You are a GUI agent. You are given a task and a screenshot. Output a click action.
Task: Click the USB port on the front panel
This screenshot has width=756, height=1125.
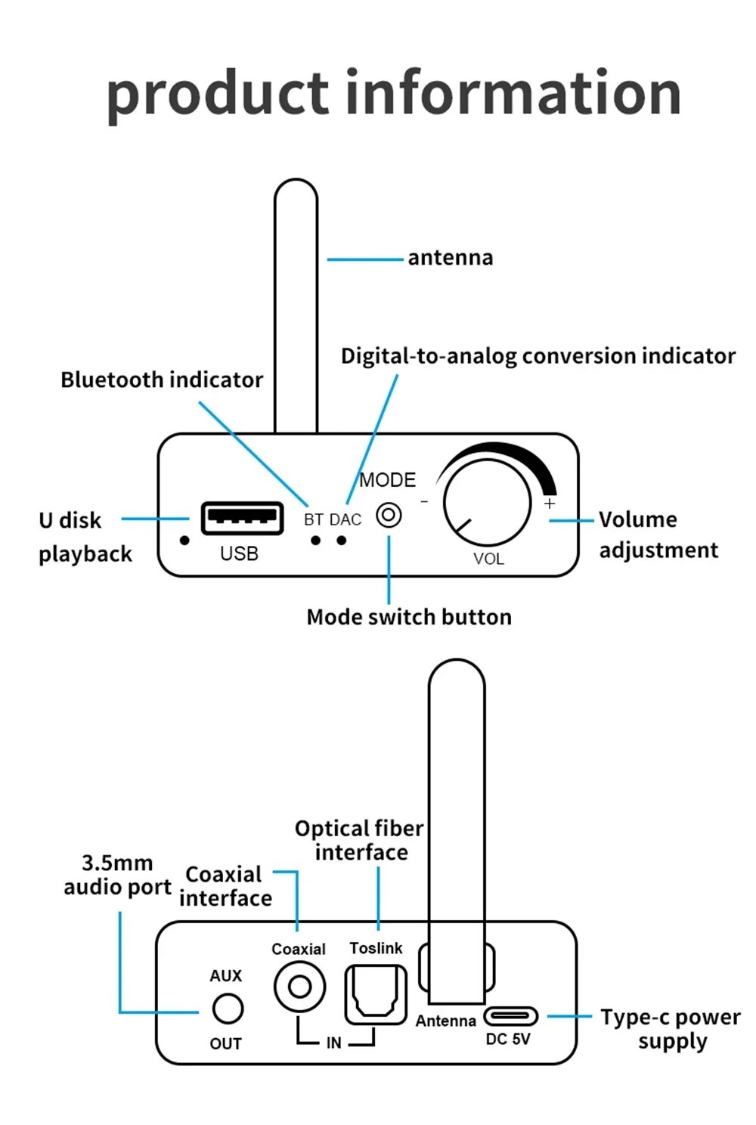coord(242,518)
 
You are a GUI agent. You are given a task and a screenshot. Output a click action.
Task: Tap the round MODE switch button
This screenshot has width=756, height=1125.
coord(389,516)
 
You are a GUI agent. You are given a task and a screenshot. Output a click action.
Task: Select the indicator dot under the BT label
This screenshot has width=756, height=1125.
coord(315,541)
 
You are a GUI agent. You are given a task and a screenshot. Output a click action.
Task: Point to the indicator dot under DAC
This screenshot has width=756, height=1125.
coord(342,541)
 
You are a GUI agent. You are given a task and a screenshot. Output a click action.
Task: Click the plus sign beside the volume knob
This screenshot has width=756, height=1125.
coord(550,504)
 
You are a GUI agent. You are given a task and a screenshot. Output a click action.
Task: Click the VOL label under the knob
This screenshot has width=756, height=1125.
coord(488,559)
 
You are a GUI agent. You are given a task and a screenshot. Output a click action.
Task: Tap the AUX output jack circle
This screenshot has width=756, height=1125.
coord(227,1009)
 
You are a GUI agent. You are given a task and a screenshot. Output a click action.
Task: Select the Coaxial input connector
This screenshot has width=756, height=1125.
coord(299,987)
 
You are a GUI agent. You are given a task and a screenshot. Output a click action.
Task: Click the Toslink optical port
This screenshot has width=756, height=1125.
coord(376,994)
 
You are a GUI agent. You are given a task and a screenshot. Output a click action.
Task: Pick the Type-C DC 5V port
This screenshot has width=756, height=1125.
coord(510,1015)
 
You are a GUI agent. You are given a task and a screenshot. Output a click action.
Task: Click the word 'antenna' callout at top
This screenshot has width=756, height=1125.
coord(450,258)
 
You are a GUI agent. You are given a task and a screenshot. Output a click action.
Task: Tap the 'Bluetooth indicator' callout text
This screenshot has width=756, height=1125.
coord(162,380)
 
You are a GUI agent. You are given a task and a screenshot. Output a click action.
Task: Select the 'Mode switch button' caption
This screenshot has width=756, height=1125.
coord(409,617)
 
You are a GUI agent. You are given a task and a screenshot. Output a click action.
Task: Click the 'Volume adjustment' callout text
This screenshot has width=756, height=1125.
coord(657,535)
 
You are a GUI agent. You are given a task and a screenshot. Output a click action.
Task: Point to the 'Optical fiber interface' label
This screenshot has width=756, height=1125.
coord(360,840)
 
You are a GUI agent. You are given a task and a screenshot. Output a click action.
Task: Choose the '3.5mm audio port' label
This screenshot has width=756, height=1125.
coord(117,875)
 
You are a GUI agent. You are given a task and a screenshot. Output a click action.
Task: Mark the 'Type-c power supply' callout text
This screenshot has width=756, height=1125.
coord(670,1029)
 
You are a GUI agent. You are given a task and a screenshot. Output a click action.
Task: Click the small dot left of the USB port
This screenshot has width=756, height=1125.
coord(184,541)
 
